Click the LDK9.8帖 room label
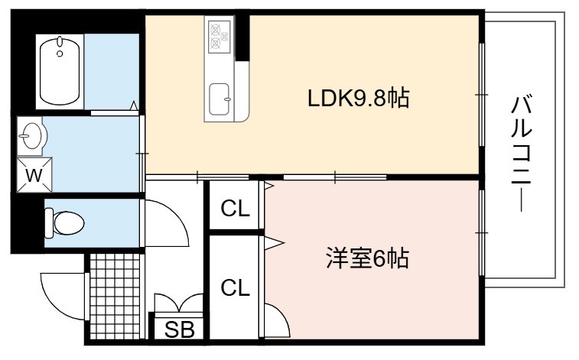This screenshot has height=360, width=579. point(358,99)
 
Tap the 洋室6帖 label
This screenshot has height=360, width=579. point(367,258)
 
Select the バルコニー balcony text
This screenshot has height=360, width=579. point(522,153)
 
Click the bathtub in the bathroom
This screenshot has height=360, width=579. point(60,71)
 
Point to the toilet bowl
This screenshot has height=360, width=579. point(64,222)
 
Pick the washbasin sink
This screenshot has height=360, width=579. point(31,135)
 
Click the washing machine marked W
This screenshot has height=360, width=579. point(34,175)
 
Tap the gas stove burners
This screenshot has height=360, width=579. point(219,36)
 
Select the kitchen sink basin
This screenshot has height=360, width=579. point(219,99)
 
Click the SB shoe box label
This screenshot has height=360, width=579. point(180,329)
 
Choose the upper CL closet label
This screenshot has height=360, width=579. point(236,209)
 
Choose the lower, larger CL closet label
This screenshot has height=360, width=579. point(236,287)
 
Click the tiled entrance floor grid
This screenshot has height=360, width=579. point(115,296)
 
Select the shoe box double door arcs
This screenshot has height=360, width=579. point(179,302)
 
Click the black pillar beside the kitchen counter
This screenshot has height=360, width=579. point(242,37)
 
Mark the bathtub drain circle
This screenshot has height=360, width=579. point(60,54)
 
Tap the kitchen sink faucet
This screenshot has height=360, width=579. point(227,99)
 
